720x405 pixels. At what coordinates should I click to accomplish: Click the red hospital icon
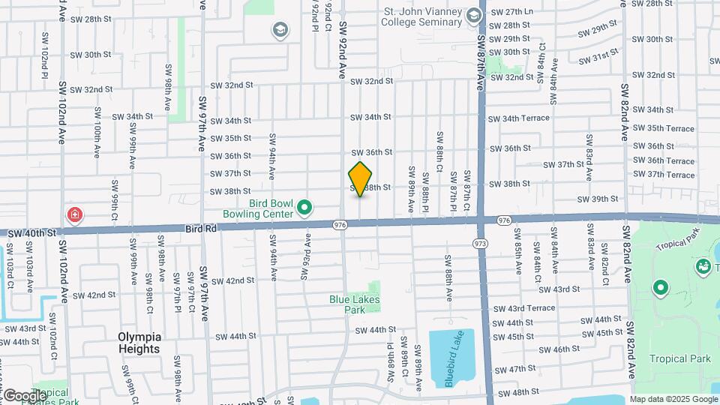point(75,216)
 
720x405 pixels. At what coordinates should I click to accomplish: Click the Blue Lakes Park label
point(355,304)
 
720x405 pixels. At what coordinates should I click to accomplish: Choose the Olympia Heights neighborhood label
point(139,343)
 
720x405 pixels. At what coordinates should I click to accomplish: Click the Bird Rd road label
point(199,228)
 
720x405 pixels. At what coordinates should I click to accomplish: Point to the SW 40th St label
point(31,233)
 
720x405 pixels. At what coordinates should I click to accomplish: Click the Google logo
point(24,395)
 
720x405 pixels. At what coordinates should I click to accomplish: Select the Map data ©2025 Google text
point(673,398)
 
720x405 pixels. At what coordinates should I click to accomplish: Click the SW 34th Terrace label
point(519,118)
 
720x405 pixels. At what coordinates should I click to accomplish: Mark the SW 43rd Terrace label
point(520,308)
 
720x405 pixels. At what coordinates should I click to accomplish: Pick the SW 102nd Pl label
point(45,55)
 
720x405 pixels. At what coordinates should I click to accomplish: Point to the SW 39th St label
point(598,199)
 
